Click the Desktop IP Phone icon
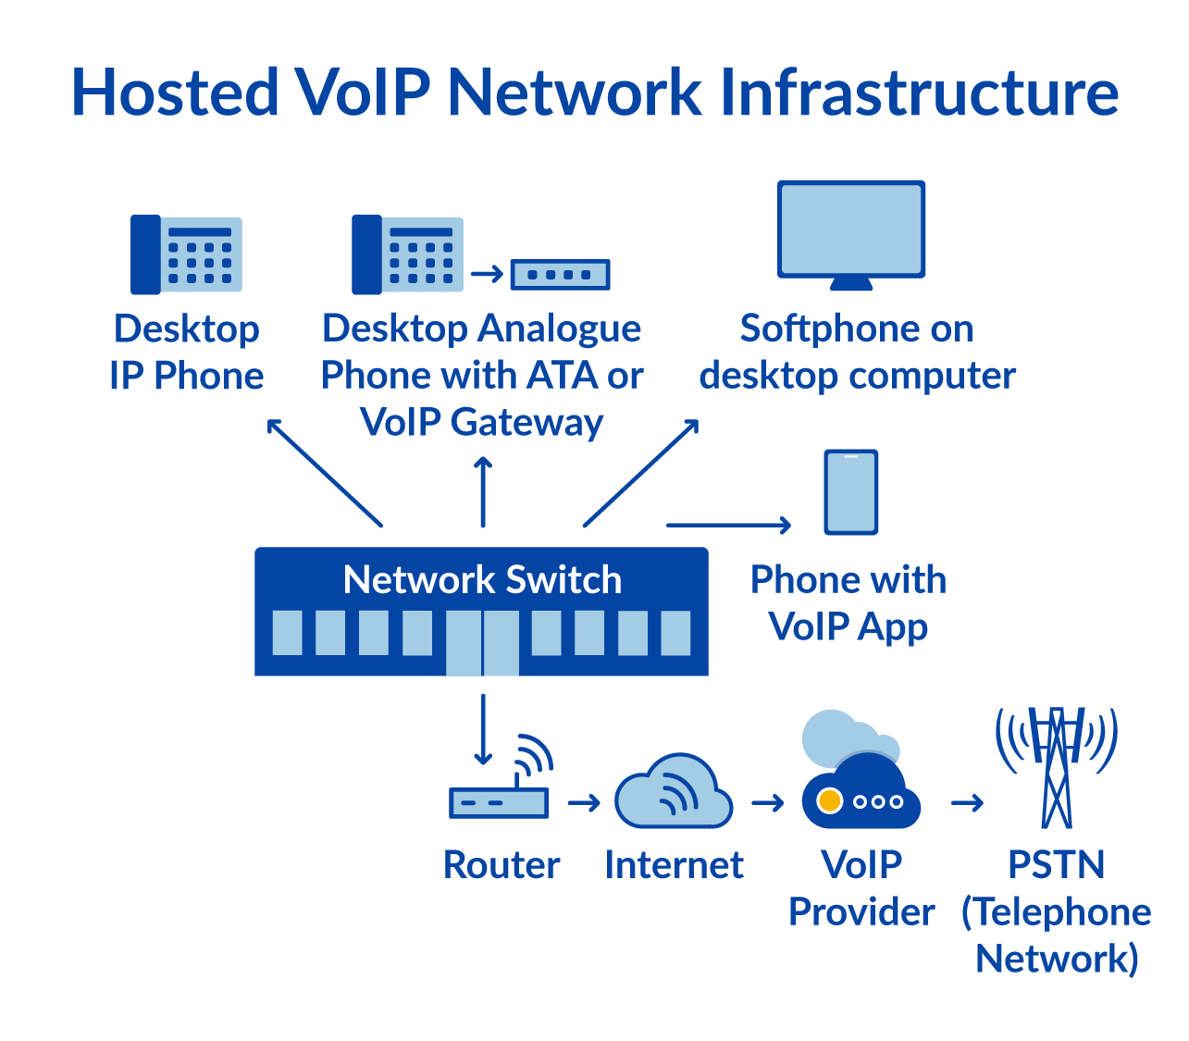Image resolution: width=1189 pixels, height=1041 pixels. [x=186, y=254]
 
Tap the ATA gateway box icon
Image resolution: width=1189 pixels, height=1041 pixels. [x=560, y=275]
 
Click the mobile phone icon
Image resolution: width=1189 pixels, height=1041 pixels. [x=850, y=492]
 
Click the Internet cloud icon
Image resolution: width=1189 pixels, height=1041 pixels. [x=674, y=793]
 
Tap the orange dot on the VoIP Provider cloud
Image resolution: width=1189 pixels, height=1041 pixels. [x=830, y=800]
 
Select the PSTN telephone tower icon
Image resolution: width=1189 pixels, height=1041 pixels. [x=1056, y=768]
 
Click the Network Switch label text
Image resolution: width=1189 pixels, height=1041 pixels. [x=482, y=580]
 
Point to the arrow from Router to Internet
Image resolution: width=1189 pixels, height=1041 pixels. [x=584, y=802]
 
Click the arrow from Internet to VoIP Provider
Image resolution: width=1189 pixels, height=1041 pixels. [x=767, y=802]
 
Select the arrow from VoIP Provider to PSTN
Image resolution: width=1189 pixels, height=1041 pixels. [x=966, y=802]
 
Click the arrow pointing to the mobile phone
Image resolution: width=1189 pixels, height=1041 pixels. [x=728, y=525]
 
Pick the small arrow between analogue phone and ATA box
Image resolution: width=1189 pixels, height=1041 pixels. [x=486, y=274]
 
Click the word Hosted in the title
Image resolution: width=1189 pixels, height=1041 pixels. [x=175, y=93]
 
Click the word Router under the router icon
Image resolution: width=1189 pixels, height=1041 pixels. [x=501, y=865]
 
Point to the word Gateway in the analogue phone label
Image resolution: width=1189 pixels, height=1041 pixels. [x=526, y=423]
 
